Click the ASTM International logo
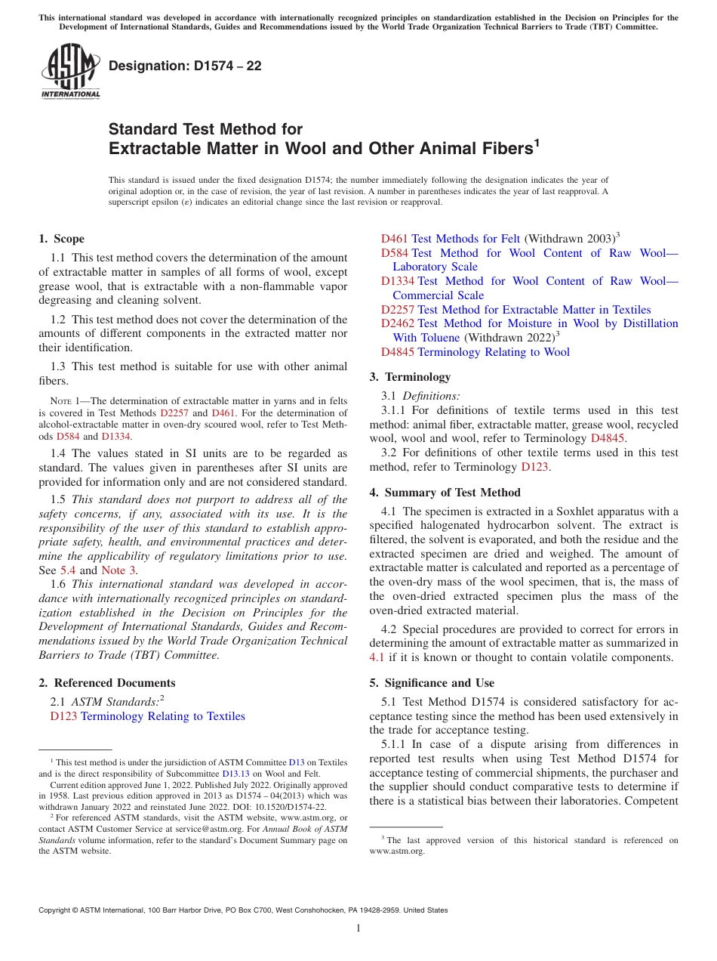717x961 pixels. click(70, 72)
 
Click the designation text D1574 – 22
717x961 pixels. click(185, 66)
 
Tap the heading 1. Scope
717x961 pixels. click(61, 239)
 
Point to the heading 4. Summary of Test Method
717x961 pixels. click(445, 493)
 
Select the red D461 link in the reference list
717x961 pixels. click(394, 239)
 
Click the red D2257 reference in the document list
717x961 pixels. click(398, 310)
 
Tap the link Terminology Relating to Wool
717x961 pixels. click(494, 352)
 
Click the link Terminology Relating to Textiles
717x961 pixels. click(162, 716)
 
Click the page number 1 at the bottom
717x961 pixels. click(358, 928)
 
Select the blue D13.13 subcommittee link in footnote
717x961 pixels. click(235, 774)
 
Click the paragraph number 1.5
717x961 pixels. click(58, 499)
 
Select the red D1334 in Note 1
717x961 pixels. click(115, 437)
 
